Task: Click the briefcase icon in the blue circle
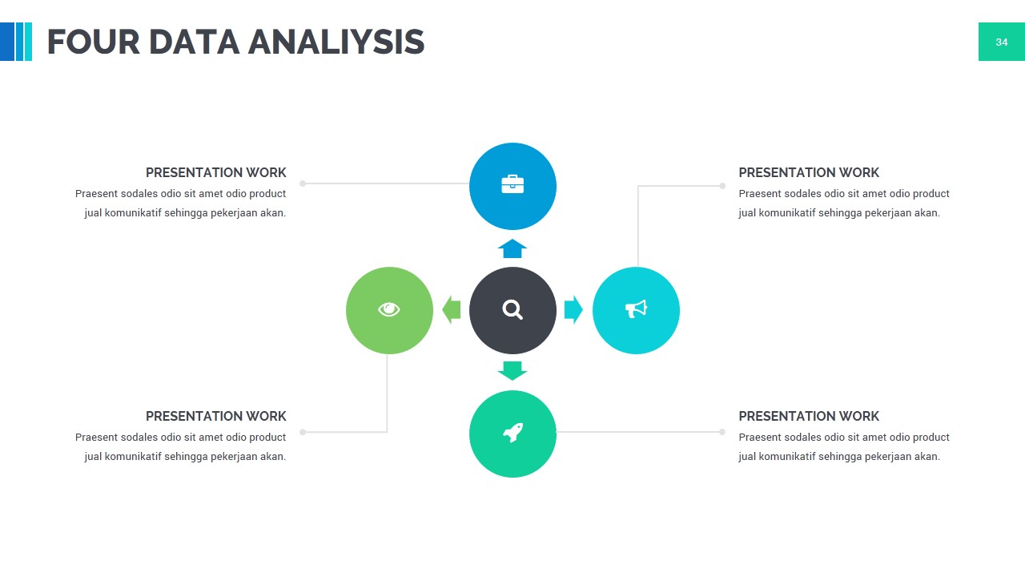click(x=512, y=185)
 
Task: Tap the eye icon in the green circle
click(x=389, y=309)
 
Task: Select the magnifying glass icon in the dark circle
click(x=512, y=309)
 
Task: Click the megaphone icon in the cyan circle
click(x=636, y=309)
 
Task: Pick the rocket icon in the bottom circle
click(x=512, y=434)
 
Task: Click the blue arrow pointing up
click(x=512, y=248)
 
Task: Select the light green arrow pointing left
click(x=452, y=309)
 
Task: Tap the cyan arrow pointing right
click(x=573, y=309)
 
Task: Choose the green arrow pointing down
click(x=512, y=370)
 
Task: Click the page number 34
click(x=1001, y=42)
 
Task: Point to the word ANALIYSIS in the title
click(x=336, y=42)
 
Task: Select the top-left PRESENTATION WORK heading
click(x=215, y=172)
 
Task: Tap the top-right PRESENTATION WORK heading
click(x=809, y=172)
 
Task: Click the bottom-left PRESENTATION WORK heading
click(x=215, y=416)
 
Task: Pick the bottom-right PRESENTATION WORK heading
click(x=809, y=416)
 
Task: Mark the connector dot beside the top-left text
click(x=303, y=184)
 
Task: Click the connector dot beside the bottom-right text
click(x=722, y=432)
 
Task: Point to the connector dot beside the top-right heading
click(x=722, y=186)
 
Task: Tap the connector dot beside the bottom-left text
click(x=303, y=432)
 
